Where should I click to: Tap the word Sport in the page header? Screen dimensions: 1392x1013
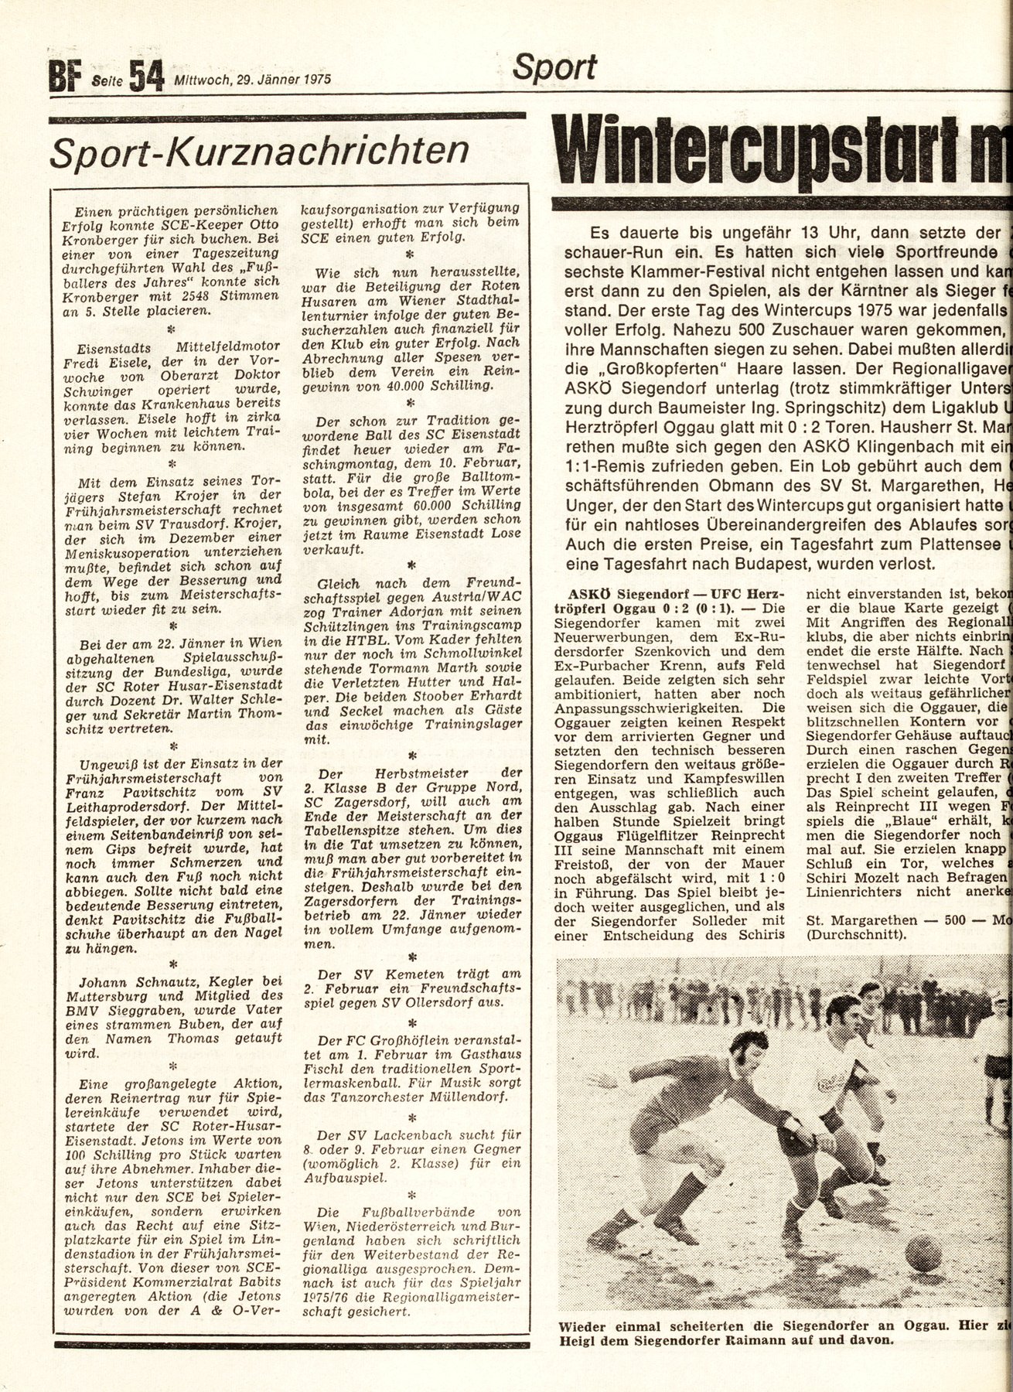(x=555, y=69)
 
